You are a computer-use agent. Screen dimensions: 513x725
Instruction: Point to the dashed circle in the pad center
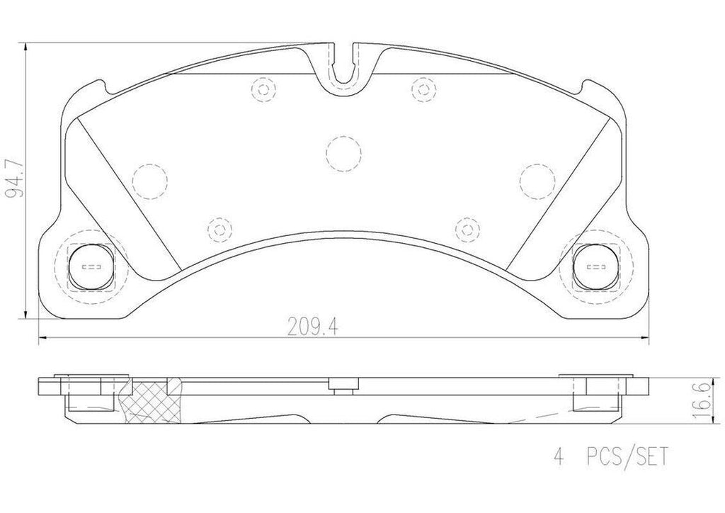343,150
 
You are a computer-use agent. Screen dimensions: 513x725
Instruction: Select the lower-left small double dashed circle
217,227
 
